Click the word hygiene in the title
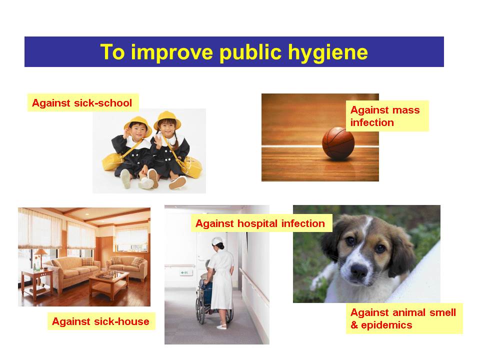pyautogui.click(x=328, y=52)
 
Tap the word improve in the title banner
pyautogui.click(x=172, y=52)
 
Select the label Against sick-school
pyautogui.click(x=82, y=103)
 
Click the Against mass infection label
pyautogui.click(x=387, y=116)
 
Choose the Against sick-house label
pyautogui.click(x=101, y=321)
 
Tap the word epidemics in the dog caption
pyautogui.click(x=386, y=325)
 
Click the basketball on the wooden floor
pyautogui.click(x=338, y=143)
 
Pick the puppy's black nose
pyautogui.click(x=359, y=270)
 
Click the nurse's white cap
pyautogui.click(x=217, y=241)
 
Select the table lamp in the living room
pyautogui.click(x=40, y=258)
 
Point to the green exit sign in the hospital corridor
pyautogui.click(x=184, y=272)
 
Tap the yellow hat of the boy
pyautogui.click(x=138, y=124)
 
